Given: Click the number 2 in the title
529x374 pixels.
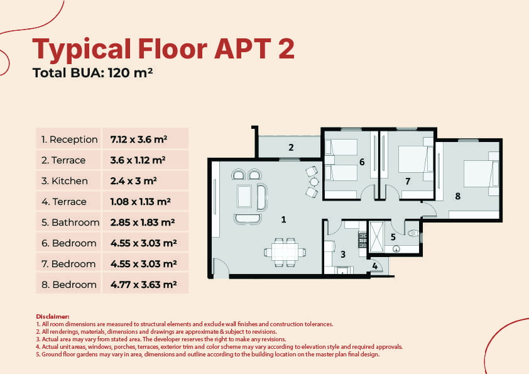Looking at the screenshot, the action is [x=286, y=48].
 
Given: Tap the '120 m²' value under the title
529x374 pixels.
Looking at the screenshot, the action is [x=130, y=73].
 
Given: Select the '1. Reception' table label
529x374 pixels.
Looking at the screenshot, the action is [x=70, y=140].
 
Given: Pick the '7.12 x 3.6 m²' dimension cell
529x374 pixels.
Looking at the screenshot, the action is [x=139, y=140].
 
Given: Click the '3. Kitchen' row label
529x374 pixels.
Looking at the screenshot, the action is [x=65, y=181].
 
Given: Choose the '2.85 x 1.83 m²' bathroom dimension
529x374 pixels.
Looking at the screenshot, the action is [x=143, y=223].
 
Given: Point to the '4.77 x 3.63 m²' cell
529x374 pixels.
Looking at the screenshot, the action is [x=143, y=285].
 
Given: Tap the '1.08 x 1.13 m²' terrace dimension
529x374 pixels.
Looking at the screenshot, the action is [x=140, y=202].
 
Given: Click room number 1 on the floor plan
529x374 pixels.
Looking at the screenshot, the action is [x=283, y=219].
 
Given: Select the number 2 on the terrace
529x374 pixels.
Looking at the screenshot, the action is [x=291, y=147].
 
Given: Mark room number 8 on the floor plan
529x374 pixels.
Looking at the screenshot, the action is [x=457, y=195].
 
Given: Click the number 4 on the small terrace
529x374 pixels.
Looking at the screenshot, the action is [x=375, y=266].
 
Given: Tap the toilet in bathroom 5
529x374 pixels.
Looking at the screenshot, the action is [x=412, y=233].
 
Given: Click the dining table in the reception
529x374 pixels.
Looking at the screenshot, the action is [x=285, y=252].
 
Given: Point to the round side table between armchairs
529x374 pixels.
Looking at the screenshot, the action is [x=314, y=182].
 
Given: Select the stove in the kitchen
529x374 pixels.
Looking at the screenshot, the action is [x=363, y=239].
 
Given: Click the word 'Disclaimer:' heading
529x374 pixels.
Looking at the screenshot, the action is [x=53, y=317].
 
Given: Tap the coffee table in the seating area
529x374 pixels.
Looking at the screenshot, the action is [x=244, y=196].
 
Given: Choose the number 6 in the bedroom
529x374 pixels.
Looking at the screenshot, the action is [x=362, y=162].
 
